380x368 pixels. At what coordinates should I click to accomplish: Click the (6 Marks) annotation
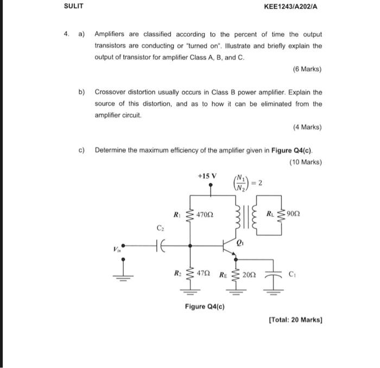click(x=307, y=69)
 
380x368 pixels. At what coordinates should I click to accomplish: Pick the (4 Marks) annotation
click(x=307, y=127)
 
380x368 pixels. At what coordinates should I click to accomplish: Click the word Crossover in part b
click(x=112, y=92)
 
